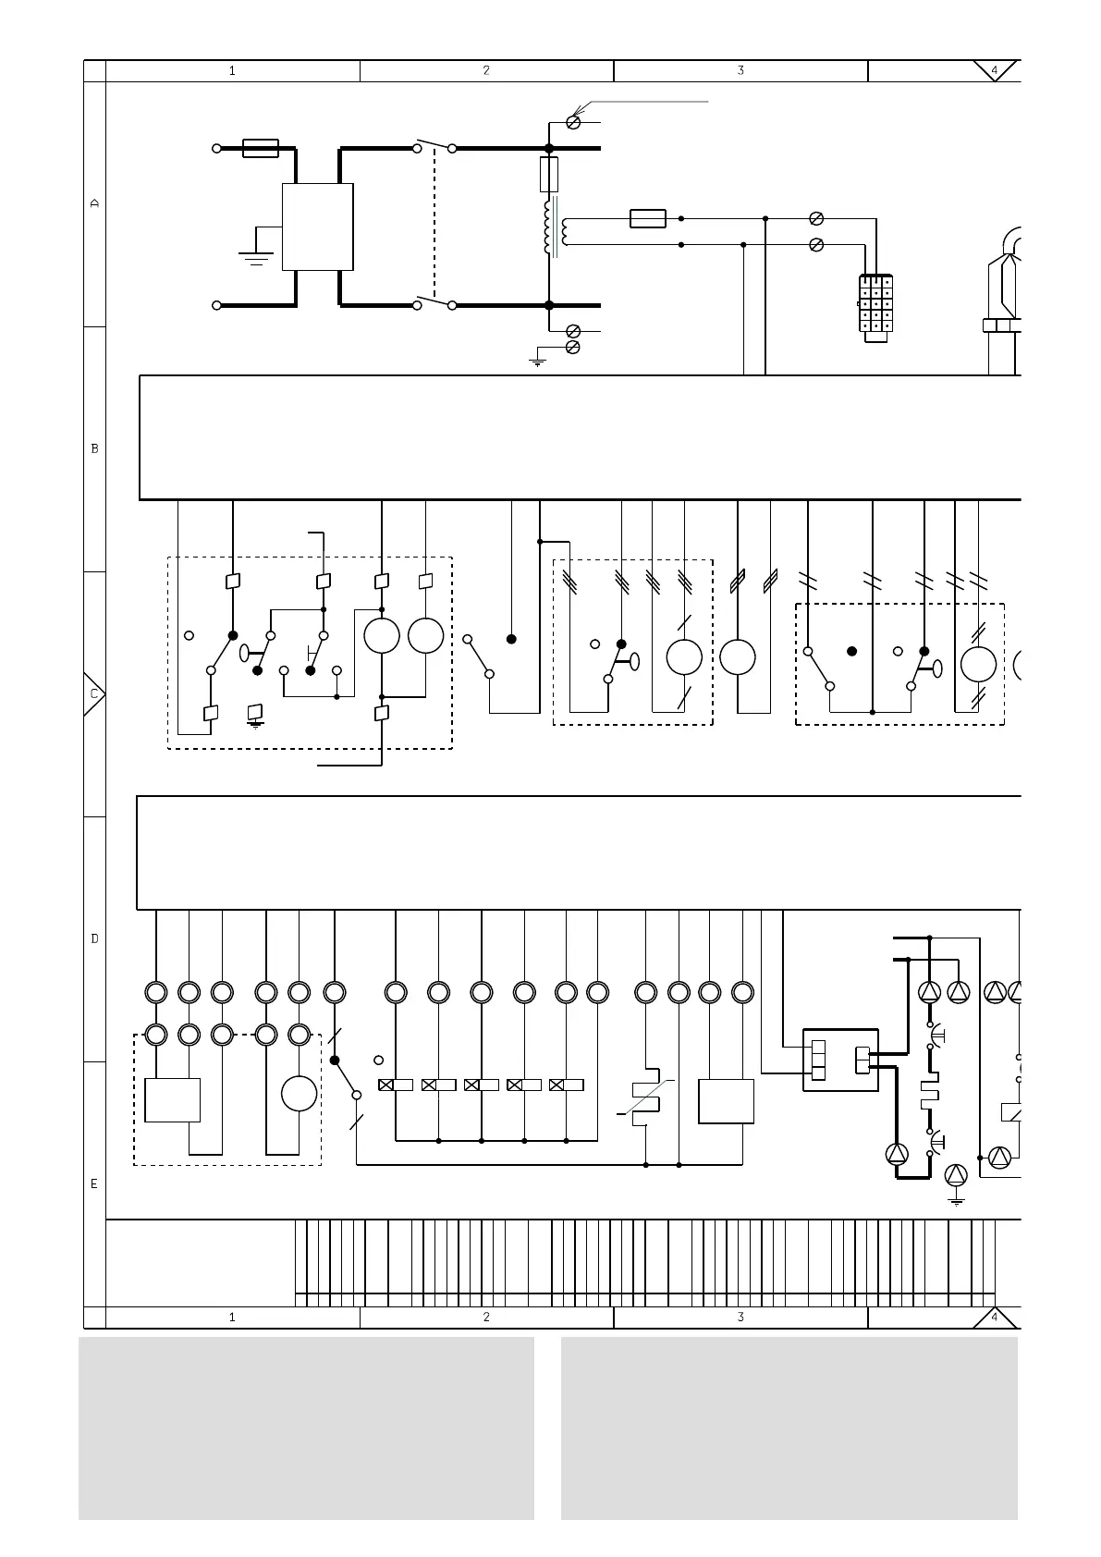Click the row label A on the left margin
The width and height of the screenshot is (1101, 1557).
(x=94, y=203)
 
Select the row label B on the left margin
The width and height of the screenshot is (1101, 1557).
(x=94, y=448)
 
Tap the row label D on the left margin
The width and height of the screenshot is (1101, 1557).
(x=94, y=938)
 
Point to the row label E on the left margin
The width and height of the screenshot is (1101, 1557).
(x=94, y=1183)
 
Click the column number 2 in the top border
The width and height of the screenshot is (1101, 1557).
(x=486, y=70)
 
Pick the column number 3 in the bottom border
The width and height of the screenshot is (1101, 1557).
(x=740, y=1317)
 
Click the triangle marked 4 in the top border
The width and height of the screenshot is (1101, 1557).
(x=995, y=70)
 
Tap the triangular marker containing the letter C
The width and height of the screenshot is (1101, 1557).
(x=94, y=693)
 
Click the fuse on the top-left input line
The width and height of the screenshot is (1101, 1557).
(x=261, y=148)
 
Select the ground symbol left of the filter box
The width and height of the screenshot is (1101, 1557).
(x=256, y=255)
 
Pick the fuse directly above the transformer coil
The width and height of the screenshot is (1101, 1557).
(x=548, y=174)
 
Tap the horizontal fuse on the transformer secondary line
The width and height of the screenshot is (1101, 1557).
(x=648, y=219)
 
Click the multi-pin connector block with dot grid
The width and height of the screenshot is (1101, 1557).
(x=875, y=309)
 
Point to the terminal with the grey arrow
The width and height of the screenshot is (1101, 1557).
(x=573, y=122)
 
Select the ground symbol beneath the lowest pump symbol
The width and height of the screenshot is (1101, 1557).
(x=956, y=1200)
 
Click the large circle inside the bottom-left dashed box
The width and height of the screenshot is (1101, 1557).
(x=299, y=1094)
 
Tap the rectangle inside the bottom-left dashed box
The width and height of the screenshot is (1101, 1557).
(x=173, y=1100)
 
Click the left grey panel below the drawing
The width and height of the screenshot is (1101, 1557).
(x=306, y=1428)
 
